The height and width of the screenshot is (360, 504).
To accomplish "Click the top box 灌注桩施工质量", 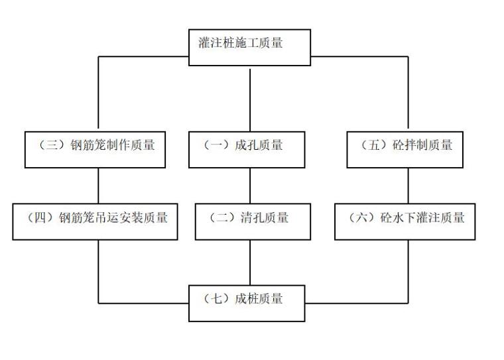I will [x=250, y=47].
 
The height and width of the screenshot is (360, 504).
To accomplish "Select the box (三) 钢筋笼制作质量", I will [x=99, y=149].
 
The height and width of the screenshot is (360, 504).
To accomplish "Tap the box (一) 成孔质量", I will [x=250, y=149].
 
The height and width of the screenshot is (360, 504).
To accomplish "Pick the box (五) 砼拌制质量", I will [x=407, y=149].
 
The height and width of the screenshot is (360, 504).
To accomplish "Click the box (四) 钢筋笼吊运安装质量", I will [x=99, y=221].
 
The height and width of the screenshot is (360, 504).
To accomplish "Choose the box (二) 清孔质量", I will [x=250, y=221].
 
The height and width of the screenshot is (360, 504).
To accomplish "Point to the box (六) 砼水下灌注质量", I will [x=407, y=221].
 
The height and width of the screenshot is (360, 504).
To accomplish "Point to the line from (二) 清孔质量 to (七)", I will [x=250, y=262].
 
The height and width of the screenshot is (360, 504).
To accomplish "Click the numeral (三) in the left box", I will [x=49, y=145].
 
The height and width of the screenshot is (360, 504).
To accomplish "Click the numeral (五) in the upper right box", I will [x=372, y=145].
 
